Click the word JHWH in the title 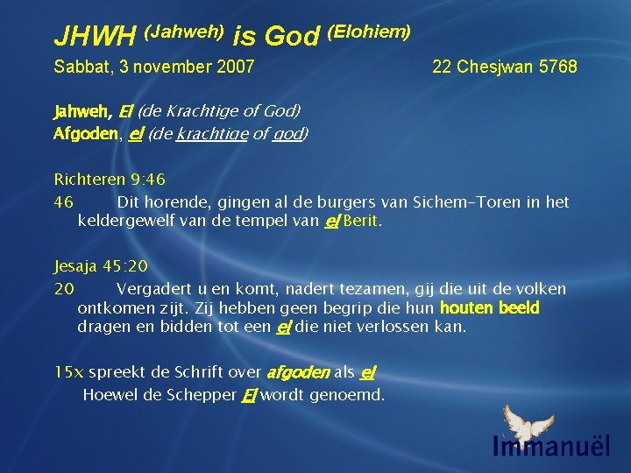pyautogui.click(x=95, y=37)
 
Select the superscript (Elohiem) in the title pyautogui.click(x=369, y=32)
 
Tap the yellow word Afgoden pyautogui.click(x=86, y=134)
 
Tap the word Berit pyautogui.click(x=362, y=222)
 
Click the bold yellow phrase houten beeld pyautogui.click(x=489, y=308)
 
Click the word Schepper pyautogui.click(x=207, y=394)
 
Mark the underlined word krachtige pyautogui.click(x=208, y=134)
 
